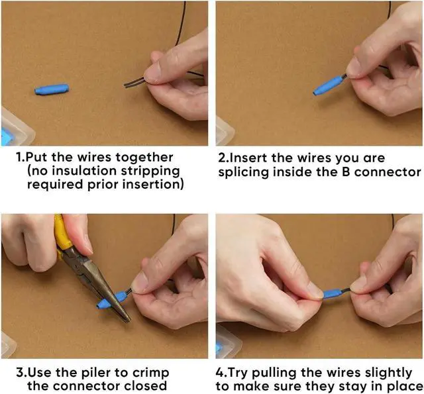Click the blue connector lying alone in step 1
click(51, 89)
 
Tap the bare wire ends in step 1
click(133, 83)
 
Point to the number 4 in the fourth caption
click(221, 372)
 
